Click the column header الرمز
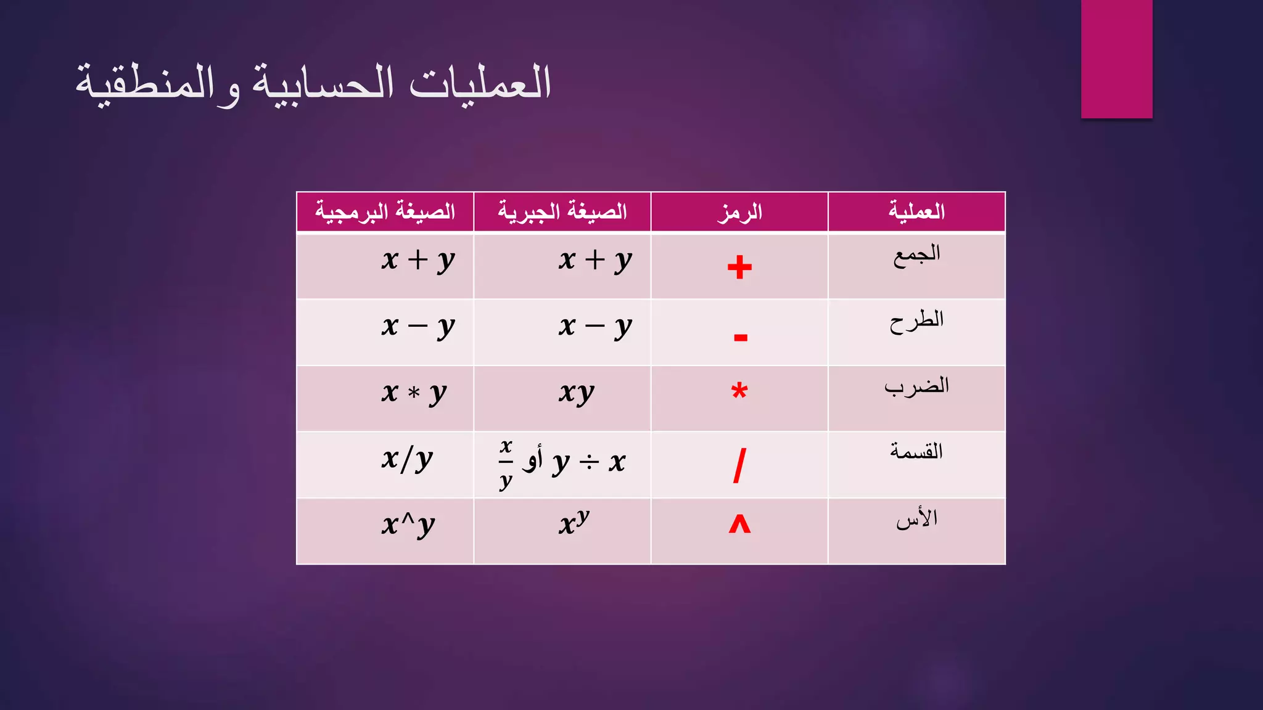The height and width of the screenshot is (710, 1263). [x=739, y=212]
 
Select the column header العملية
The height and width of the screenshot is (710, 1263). [x=916, y=211]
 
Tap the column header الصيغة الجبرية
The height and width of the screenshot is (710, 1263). [x=562, y=211]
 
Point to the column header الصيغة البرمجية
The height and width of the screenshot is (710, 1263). [x=385, y=211]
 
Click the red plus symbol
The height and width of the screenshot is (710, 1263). [x=739, y=267]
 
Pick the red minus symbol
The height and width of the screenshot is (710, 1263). [x=741, y=337]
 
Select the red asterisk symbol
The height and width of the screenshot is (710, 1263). [x=739, y=391]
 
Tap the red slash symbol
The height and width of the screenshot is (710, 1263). [x=739, y=465]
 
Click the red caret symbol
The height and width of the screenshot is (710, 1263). [x=739, y=524]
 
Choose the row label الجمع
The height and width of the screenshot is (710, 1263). [x=916, y=255]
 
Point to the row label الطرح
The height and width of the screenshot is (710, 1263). [x=916, y=321]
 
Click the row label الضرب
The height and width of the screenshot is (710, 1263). [x=916, y=386]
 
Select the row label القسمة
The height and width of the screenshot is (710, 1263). [x=916, y=452]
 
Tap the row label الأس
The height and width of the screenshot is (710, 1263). [x=916, y=519]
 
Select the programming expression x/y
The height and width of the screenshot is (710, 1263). [x=408, y=459]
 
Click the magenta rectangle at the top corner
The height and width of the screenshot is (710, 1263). [x=1116, y=59]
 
